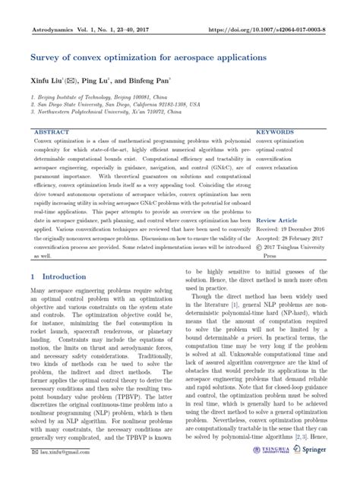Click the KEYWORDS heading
[x=275, y=131]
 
